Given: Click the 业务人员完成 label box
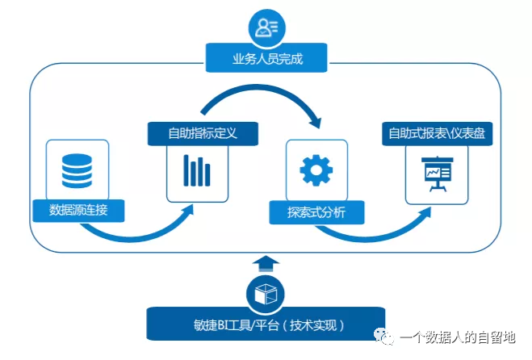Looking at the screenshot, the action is click(x=266, y=57).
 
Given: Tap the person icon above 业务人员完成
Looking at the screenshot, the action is click(x=266, y=27).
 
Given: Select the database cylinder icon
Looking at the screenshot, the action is click(x=77, y=170).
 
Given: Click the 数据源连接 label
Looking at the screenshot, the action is click(x=78, y=211).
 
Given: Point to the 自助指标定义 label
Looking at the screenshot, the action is click(x=203, y=133).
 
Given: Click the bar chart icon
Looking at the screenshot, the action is click(x=197, y=170).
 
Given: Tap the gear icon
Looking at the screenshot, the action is click(x=316, y=170).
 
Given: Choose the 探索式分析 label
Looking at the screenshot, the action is click(x=316, y=212).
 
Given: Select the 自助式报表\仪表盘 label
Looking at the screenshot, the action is click(x=437, y=133).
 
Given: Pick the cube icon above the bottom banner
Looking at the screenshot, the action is click(x=266, y=294).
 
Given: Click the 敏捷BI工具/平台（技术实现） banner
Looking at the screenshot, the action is click(x=266, y=324).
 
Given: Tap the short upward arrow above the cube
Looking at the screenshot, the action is click(x=266, y=264).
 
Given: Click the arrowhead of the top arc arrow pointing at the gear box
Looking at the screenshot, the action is click(x=315, y=121).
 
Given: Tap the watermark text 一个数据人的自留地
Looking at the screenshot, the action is click(x=458, y=337).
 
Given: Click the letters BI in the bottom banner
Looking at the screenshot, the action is click(x=223, y=325).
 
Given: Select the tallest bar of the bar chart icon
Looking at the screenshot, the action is click(x=186, y=170).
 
